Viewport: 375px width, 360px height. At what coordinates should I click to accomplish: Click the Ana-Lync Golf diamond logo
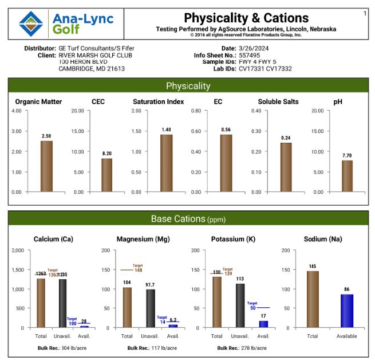coord(31,23)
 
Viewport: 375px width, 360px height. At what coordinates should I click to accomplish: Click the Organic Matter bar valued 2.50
coord(46,166)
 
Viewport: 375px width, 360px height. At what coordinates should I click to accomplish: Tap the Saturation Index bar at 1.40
coord(167,163)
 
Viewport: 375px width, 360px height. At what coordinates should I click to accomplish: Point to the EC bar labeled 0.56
coord(226,163)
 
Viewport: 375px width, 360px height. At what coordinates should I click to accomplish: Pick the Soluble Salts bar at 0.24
coord(286,167)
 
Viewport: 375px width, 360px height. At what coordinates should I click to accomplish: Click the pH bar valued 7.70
coord(348,176)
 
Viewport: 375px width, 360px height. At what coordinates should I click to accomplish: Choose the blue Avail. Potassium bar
coord(263,324)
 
